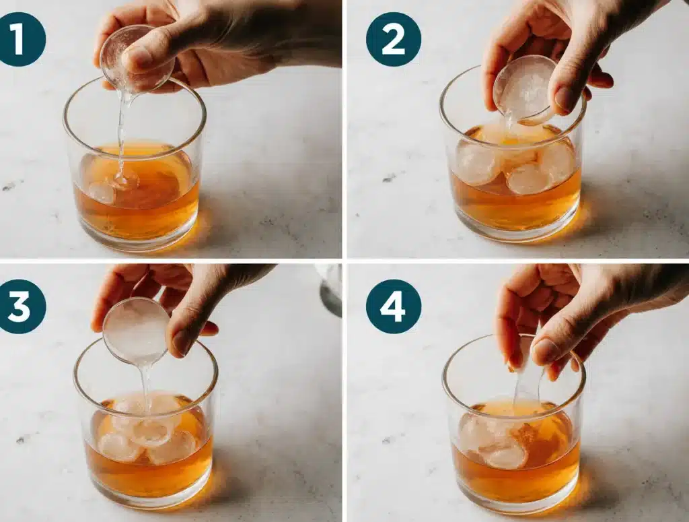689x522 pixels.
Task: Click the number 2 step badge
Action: [x=393, y=38]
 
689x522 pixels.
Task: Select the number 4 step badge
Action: [x=393, y=306]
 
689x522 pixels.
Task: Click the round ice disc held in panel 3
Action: [x=136, y=330]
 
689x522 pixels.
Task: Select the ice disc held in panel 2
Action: [x=525, y=88]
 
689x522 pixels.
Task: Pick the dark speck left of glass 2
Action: [x=389, y=178]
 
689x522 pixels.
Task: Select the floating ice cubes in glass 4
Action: [x=498, y=441]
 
